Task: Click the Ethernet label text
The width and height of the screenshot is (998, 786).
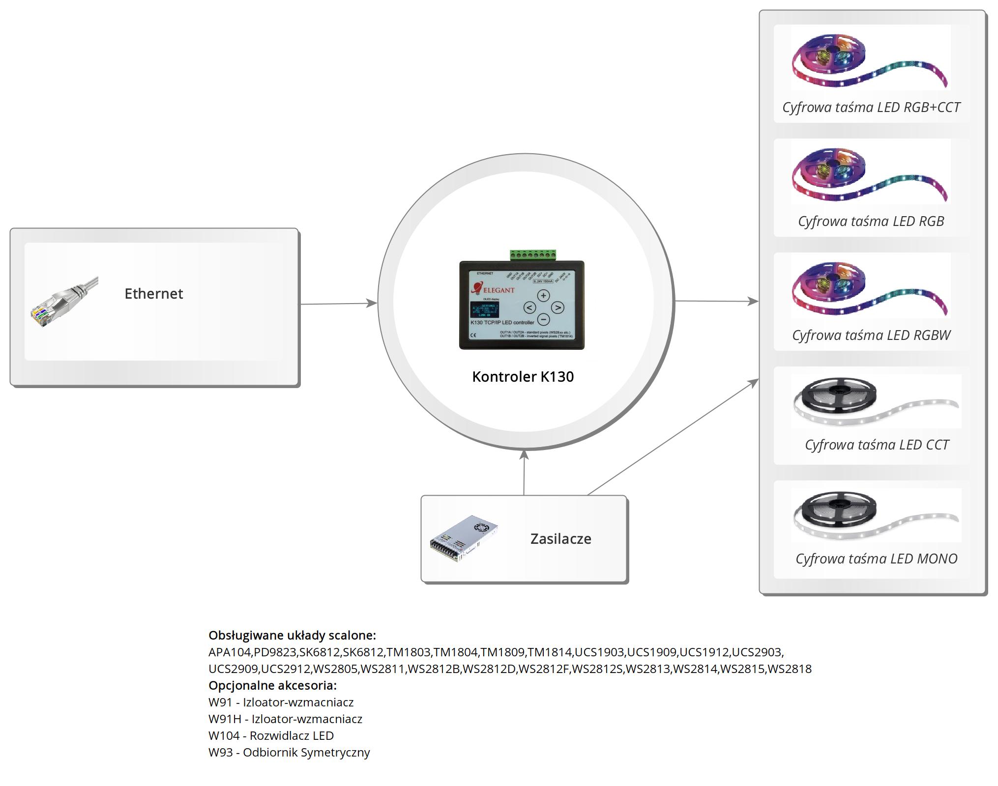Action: coord(153,294)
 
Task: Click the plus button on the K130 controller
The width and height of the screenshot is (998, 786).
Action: coord(543,296)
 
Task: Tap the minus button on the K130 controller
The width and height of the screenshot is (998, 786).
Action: coord(543,319)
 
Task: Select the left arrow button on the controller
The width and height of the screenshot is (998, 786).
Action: coord(529,308)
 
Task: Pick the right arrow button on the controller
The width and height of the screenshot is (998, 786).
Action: coord(557,308)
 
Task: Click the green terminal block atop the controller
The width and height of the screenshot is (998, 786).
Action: coord(533,255)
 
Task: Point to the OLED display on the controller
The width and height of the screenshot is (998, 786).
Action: coord(484,310)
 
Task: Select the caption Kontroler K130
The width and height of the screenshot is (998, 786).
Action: coord(523,377)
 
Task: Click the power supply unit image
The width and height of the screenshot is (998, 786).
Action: coord(463,538)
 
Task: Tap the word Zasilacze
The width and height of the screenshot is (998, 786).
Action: coord(560,539)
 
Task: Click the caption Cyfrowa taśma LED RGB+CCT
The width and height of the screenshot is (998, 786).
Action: coord(871,108)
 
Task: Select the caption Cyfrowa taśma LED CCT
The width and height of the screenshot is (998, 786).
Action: coord(877,445)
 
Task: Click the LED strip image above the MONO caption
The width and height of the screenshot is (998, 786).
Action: coord(876,516)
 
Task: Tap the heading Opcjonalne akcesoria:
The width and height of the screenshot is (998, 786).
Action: coord(272,685)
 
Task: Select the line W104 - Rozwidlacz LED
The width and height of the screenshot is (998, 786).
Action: coord(271,735)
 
